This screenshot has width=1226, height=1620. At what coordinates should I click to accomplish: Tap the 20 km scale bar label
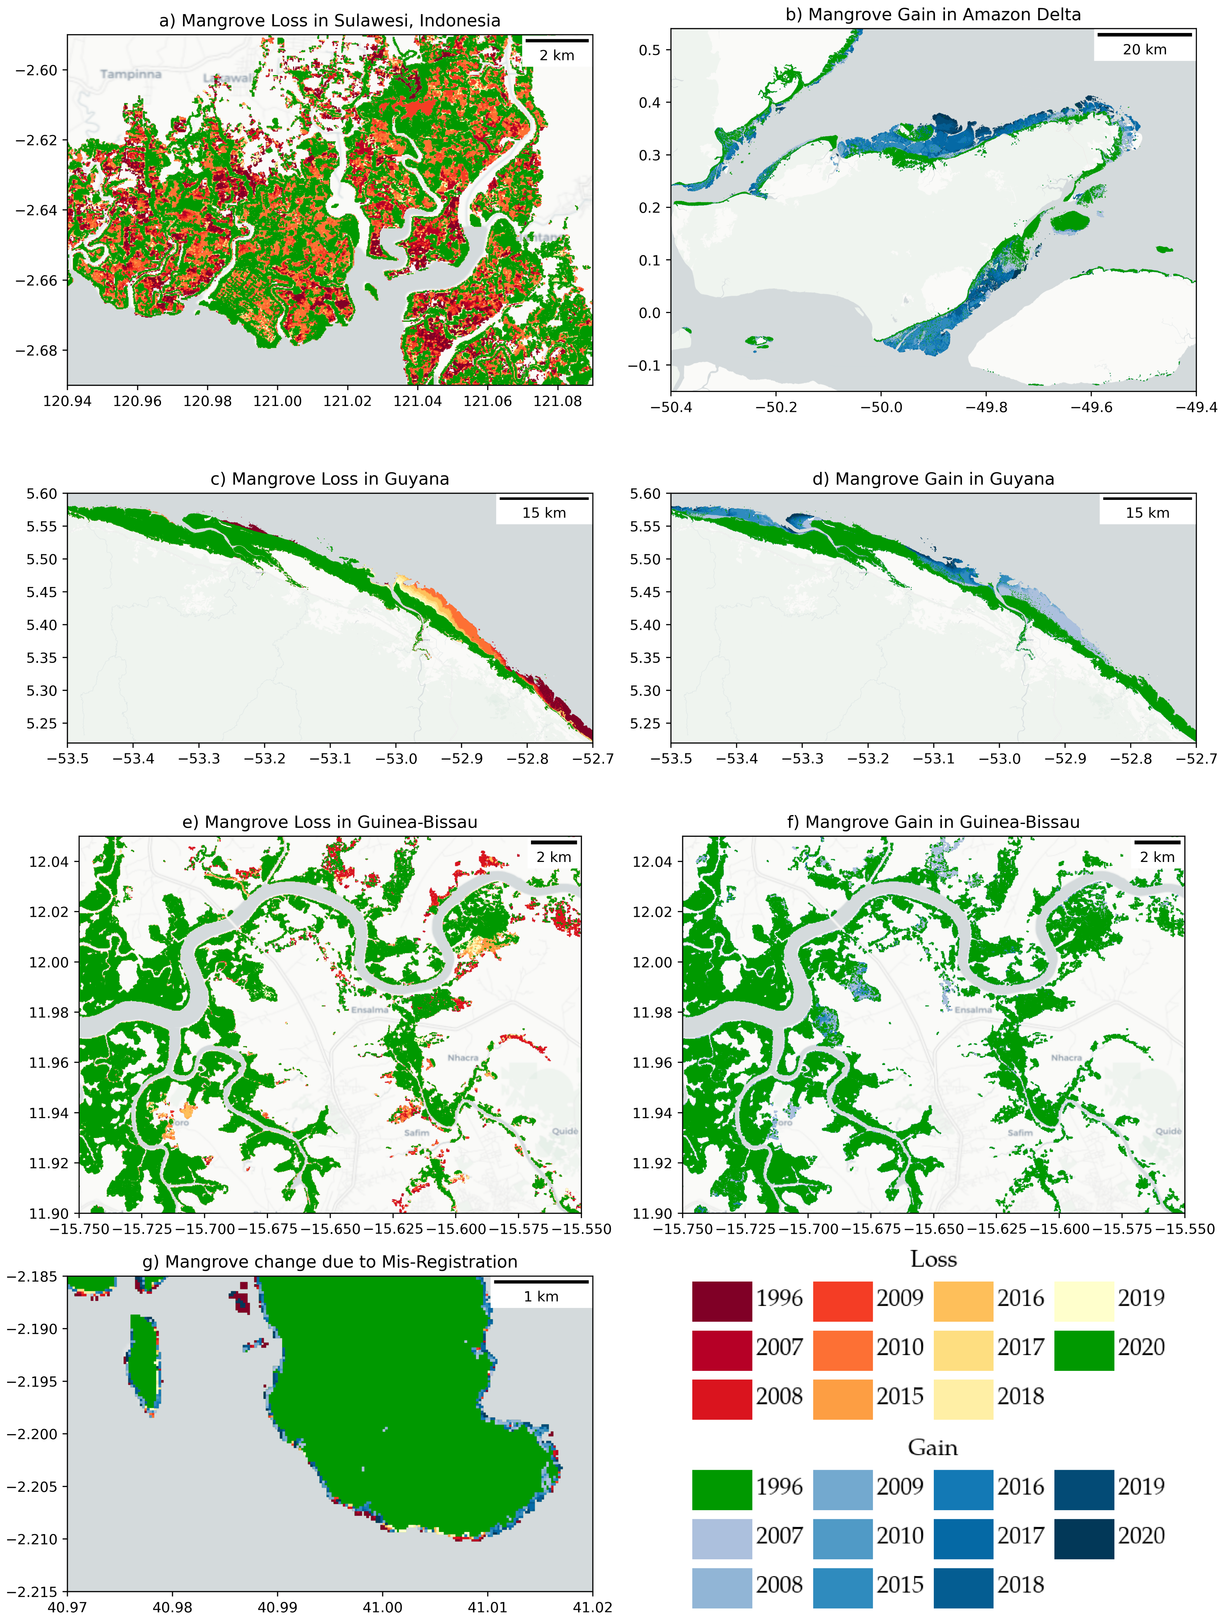pos(1144,50)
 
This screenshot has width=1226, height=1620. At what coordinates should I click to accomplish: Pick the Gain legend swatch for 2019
pos(1083,1490)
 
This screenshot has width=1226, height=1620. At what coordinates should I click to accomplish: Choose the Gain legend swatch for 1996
pos(722,1490)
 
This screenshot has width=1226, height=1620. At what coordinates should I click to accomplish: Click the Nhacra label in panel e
pos(463,1058)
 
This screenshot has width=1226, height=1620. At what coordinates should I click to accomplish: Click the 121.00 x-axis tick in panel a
pos(277,401)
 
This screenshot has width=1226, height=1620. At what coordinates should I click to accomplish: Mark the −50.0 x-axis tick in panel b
pos(881,407)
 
